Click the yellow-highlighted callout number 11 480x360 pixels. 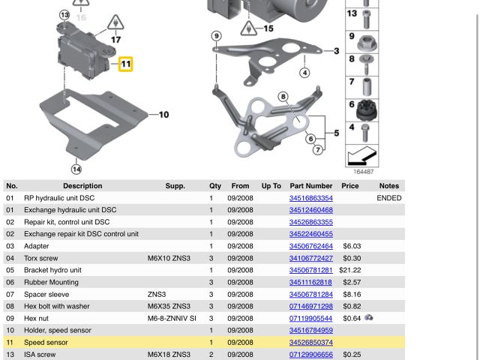[x=126, y=64]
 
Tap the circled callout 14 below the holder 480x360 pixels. [x=76, y=169]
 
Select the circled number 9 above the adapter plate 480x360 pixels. [x=217, y=36]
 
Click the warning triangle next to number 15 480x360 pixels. [x=248, y=28]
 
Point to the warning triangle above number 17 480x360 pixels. [x=115, y=22]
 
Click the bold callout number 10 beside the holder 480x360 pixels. [x=163, y=115]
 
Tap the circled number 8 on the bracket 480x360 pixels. [x=283, y=97]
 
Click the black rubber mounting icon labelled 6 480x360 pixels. [x=367, y=110]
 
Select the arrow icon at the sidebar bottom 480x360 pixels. [x=361, y=156]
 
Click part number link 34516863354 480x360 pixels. [x=311, y=198]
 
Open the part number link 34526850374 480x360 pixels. [x=311, y=342]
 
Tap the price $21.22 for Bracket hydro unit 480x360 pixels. [x=350, y=270]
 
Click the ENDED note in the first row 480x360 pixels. [x=389, y=198]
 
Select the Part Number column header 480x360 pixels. [x=311, y=186]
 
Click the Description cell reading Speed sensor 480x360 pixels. [x=46, y=342]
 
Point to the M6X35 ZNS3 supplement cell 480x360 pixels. [x=169, y=306]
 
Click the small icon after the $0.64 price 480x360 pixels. [x=369, y=318]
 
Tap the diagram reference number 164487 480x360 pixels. [x=364, y=172]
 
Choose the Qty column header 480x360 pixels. [x=215, y=186]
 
